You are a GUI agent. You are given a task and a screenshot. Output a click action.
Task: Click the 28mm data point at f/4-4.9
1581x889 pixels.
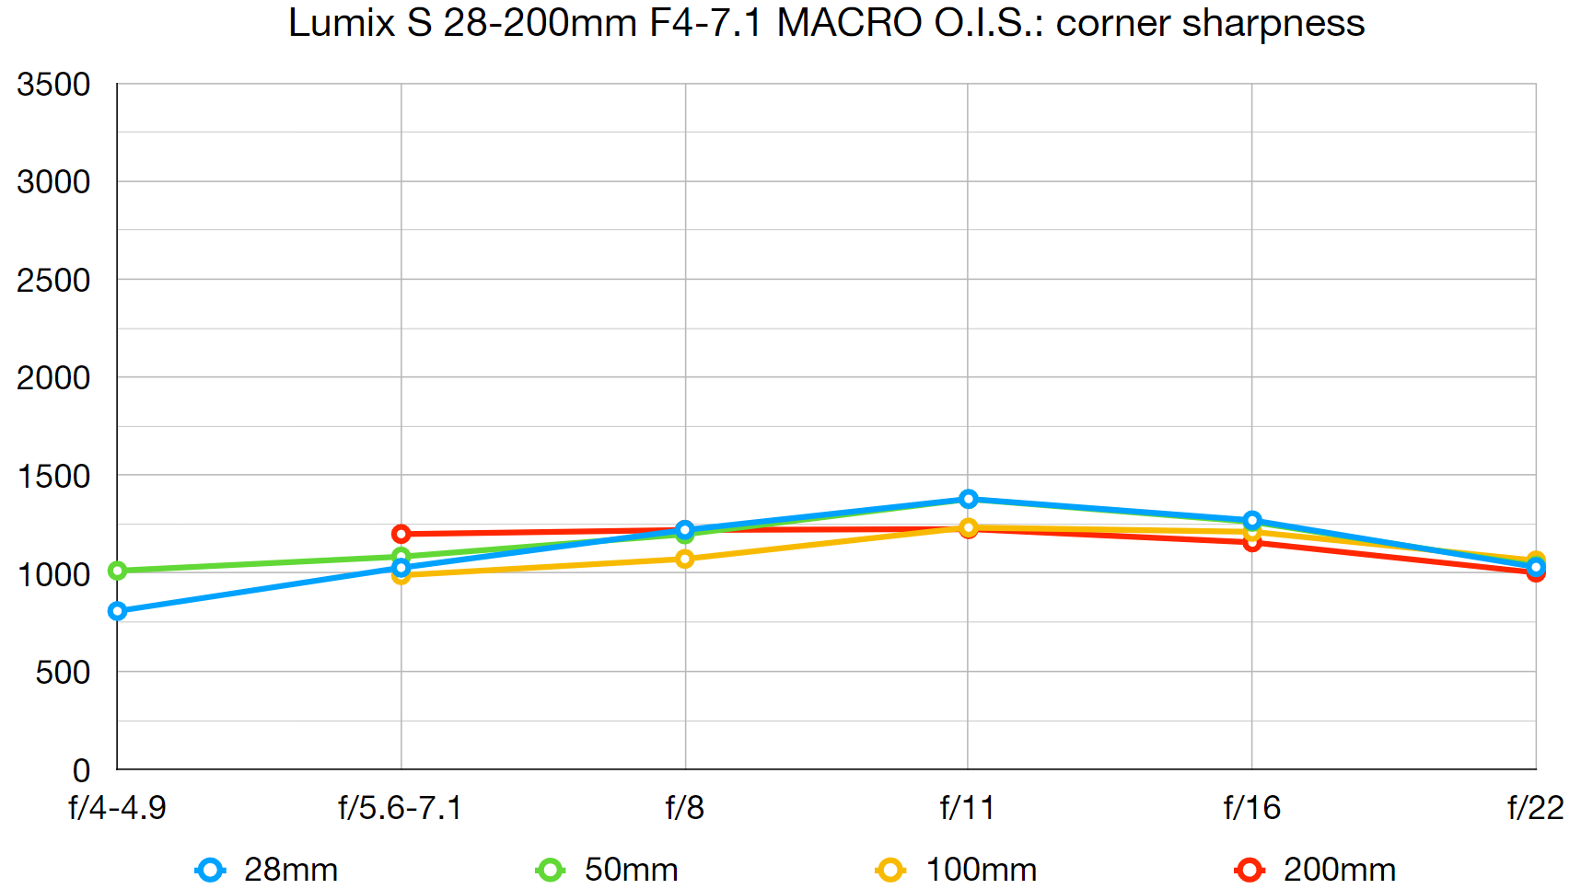[x=117, y=611]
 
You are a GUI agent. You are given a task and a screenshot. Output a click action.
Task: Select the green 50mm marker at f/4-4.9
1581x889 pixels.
[x=117, y=571]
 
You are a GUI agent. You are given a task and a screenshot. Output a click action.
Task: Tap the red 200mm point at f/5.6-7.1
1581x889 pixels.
[x=401, y=534]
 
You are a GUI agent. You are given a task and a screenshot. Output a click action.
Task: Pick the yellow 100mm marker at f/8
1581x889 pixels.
[x=684, y=559]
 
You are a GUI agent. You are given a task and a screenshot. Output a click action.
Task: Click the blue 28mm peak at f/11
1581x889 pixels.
[x=968, y=499]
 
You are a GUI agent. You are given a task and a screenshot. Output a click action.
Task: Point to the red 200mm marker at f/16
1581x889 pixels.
[x=1251, y=542]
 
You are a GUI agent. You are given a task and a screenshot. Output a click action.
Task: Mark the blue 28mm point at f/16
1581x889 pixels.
[x=1251, y=520]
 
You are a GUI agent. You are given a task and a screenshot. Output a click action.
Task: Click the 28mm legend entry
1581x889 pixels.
[x=267, y=870]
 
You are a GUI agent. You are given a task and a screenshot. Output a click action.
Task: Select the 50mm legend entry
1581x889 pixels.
[x=608, y=870]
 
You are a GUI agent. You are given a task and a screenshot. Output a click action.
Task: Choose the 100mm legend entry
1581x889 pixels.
[x=957, y=870]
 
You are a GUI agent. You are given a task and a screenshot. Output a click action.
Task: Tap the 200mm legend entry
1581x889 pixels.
[x=1316, y=870]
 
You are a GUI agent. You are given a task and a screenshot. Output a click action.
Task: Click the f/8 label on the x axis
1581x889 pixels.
[x=684, y=808]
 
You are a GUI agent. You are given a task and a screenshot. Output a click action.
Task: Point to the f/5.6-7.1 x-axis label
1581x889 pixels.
[x=400, y=808]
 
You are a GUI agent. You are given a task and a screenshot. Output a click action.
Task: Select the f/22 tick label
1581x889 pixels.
[x=1535, y=808]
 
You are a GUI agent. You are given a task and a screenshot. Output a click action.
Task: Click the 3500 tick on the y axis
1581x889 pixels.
[x=53, y=85]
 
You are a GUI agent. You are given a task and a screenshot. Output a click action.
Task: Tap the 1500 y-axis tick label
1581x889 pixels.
[x=53, y=477]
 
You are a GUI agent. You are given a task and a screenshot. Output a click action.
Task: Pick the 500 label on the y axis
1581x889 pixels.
[x=63, y=673]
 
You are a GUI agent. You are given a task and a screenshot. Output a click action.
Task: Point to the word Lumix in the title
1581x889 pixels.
[x=342, y=23]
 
